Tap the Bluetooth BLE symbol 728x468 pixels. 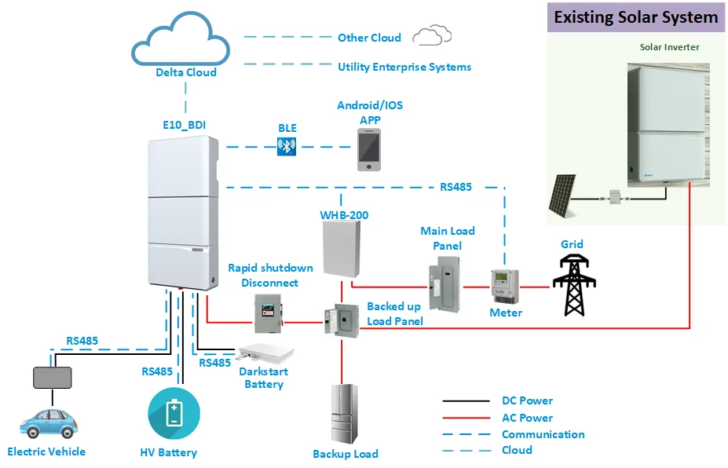coord(287,146)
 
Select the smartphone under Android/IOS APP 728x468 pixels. coord(370,150)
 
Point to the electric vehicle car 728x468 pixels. coord(48,426)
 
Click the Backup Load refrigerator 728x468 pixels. coord(343,415)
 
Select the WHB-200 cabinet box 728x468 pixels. coord(340,249)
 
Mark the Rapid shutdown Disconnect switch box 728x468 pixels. coord(266,313)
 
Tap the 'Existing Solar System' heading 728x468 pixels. coord(635,16)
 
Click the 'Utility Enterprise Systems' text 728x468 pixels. coord(404,68)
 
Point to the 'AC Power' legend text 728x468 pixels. coord(527,418)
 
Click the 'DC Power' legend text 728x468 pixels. coord(527,401)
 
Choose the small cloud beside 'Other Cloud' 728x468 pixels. coord(433,35)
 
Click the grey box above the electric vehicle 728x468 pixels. coord(52,378)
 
